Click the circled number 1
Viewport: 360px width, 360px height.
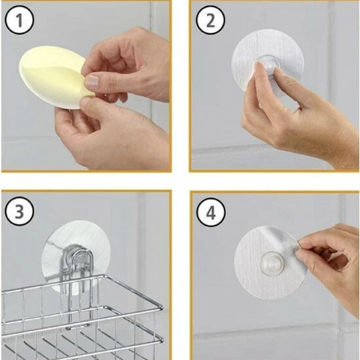(19, 20)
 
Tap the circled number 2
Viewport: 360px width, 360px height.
(211, 20)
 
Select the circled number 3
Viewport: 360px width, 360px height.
(19, 211)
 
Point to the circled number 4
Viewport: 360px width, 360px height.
(211, 212)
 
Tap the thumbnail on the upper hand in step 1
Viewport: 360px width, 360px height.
(92, 81)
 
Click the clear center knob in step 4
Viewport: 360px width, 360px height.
(272, 263)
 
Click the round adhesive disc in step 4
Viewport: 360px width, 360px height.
(270, 262)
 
